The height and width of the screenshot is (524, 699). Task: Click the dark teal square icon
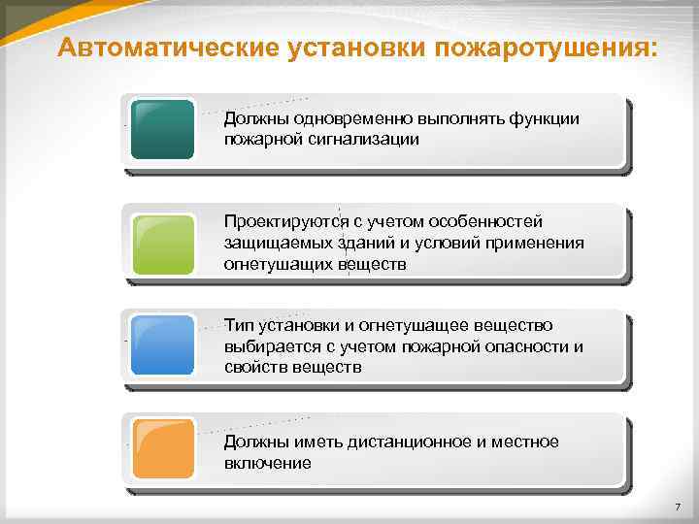coord(162,129)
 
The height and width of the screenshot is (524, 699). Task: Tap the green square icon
coord(162,243)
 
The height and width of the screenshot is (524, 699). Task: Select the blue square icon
coord(162,345)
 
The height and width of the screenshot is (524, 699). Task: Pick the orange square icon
coord(162,447)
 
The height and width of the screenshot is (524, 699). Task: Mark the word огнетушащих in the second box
coord(279,263)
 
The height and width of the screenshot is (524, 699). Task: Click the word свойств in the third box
coord(254,367)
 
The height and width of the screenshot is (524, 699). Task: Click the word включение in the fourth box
coord(267,463)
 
